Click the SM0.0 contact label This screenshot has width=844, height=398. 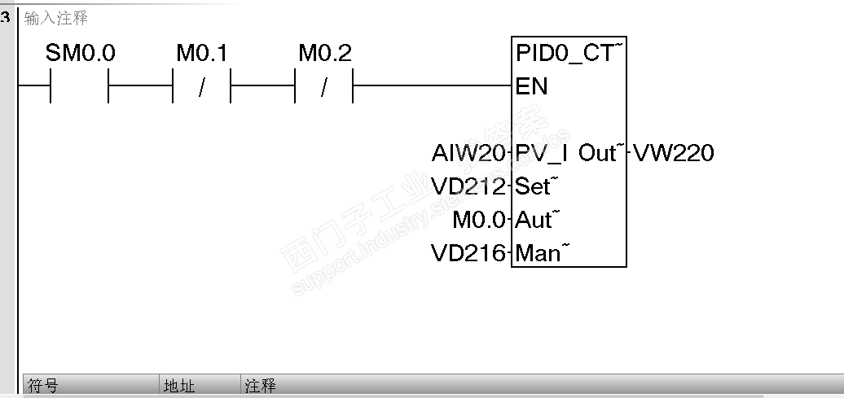click(x=80, y=54)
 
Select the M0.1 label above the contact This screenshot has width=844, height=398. click(x=201, y=54)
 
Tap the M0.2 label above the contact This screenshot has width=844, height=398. click(x=324, y=54)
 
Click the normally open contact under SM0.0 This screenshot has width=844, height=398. click(x=80, y=85)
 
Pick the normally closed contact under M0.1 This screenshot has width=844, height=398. click(x=201, y=85)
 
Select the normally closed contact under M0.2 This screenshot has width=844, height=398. click(x=324, y=85)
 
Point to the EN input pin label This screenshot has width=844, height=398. click(x=532, y=86)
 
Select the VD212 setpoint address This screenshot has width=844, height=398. click(x=468, y=186)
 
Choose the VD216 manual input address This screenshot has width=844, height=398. click(x=468, y=253)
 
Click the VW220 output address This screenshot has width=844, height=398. click(x=673, y=153)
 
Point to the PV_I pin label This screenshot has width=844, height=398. click(x=543, y=153)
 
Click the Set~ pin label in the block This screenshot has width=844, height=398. click(x=534, y=186)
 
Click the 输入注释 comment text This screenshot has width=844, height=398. click(x=55, y=17)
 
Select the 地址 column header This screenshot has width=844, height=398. click(x=179, y=386)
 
